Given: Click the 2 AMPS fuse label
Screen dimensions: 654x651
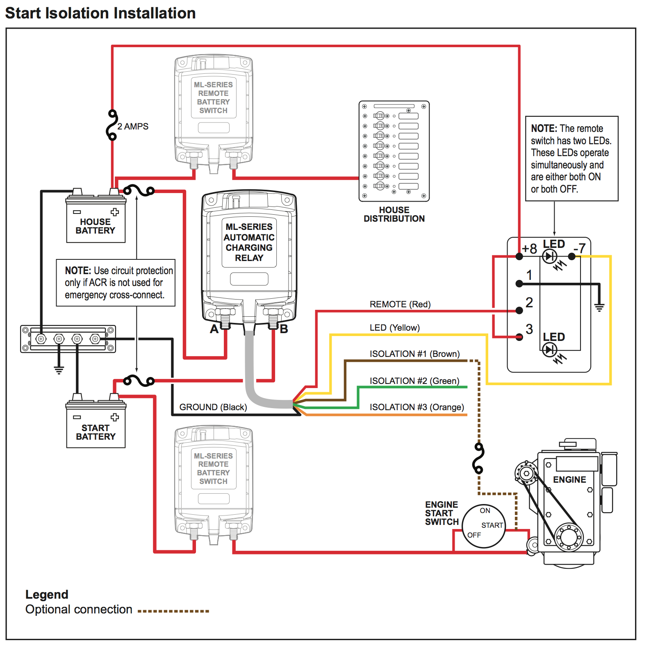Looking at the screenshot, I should (x=133, y=126).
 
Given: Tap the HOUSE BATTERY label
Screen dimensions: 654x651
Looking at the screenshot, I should (x=96, y=226).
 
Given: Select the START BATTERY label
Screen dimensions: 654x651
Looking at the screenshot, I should (x=96, y=432).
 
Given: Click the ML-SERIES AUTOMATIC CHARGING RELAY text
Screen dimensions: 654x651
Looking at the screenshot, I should (x=249, y=242).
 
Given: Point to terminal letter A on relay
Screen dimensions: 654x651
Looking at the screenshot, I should (x=214, y=329).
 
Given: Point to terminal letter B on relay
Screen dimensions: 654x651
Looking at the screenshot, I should (x=284, y=329).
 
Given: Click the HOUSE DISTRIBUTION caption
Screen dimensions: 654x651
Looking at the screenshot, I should (x=394, y=214).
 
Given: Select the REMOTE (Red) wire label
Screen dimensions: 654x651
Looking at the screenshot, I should (x=400, y=304).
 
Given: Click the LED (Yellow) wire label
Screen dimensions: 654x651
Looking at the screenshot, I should (x=394, y=328).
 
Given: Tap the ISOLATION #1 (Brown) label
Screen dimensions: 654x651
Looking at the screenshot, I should (x=414, y=354).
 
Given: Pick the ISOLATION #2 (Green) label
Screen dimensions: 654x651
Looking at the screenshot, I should (x=414, y=381).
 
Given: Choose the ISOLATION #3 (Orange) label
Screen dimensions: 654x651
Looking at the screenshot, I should (x=417, y=407).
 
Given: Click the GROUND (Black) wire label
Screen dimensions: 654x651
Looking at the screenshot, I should (x=213, y=407).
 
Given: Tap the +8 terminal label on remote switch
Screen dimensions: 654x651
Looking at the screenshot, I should (x=529, y=249).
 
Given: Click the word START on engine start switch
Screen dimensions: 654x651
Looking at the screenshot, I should (x=492, y=525).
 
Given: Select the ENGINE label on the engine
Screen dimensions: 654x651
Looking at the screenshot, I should (x=569, y=479).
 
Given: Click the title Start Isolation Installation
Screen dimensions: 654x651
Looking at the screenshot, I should (x=100, y=13).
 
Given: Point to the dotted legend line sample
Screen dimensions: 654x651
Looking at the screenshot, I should (x=173, y=611).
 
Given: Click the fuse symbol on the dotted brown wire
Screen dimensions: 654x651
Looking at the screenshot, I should (x=478, y=458).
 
